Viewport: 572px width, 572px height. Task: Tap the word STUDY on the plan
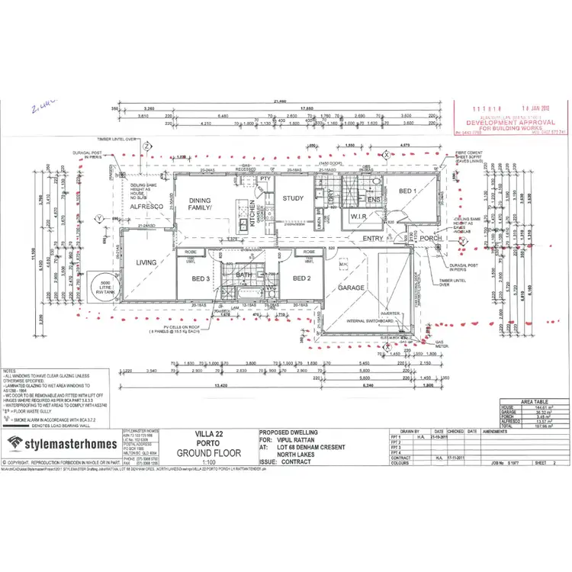(294, 198)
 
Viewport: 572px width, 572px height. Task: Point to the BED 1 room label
(407, 191)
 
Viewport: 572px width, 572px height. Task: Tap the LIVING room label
(146, 262)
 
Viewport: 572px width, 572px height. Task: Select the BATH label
(245, 275)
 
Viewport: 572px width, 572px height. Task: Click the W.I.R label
(359, 217)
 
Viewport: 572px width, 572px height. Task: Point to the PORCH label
(432, 239)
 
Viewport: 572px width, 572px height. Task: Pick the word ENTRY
(373, 239)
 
